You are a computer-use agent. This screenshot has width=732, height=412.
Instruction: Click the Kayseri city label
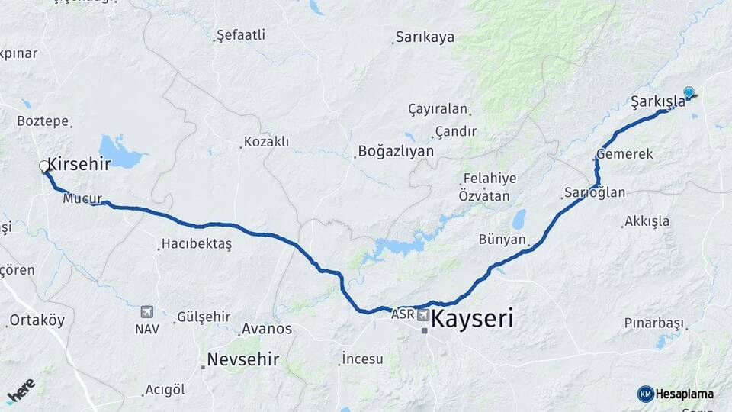pos(472,318)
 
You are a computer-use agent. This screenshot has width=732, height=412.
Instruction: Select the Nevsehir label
pos(243,359)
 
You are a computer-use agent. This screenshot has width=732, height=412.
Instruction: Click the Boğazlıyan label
pos(396,151)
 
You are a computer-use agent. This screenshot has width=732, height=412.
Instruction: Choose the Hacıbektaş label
pos(195,245)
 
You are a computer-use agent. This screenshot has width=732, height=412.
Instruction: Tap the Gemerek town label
pos(625,154)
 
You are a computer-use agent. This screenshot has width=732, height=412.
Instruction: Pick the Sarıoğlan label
pos(595,192)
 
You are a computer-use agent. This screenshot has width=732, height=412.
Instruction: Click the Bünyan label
pos(502,240)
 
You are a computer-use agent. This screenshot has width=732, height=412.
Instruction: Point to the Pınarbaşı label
pos(653,323)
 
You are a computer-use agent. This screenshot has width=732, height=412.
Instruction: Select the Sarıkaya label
pos(424,37)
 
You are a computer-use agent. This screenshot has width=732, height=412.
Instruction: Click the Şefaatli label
pos(241,34)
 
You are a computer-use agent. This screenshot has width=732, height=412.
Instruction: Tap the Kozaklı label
pos(266,142)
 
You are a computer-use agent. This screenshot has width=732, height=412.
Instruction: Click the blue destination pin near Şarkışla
pos(689,93)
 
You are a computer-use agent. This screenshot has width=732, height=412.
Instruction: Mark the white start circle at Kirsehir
pos(45,166)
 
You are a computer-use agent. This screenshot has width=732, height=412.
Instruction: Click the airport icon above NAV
pos(146,311)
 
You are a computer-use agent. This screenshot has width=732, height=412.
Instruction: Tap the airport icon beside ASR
pos(422,314)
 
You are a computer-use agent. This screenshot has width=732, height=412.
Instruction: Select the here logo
pos(21,391)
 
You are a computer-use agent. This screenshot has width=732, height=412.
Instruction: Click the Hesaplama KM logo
pos(676,394)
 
